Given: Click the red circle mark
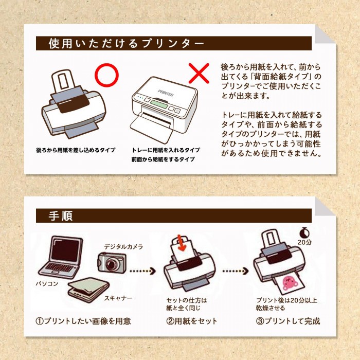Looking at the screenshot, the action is (96, 75).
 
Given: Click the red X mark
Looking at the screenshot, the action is (199, 73).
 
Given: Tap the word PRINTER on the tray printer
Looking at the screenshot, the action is (166, 93).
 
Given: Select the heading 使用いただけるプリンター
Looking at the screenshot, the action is (127, 43).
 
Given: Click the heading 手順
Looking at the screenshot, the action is (61, 216).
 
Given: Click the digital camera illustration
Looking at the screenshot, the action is (112, 262).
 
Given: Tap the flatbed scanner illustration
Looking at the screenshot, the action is (88, 290).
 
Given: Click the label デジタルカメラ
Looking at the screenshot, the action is (123, 247).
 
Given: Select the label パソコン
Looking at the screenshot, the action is (47, 284).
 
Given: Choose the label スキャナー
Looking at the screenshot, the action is (118, 298).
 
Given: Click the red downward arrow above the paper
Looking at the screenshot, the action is (182, 243).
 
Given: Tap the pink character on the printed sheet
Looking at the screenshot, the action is (290, 283).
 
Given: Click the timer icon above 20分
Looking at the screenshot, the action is (304, 233).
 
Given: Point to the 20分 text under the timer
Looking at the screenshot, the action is (304, 242).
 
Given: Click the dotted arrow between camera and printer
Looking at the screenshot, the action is (142, 271).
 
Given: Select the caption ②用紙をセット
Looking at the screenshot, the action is (192, 321).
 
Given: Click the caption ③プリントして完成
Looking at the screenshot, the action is (288, 321).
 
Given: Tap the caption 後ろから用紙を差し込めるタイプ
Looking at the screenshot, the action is (76, 150).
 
